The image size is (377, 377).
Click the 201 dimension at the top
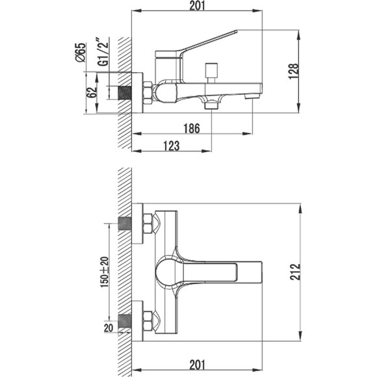coord(197,6)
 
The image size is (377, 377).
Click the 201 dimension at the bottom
coord(197,365)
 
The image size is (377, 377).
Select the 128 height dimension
coord(293,71)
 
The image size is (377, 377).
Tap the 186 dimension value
coord(192,129)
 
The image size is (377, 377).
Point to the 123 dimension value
coord(172,146)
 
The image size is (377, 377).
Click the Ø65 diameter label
coord(81,53)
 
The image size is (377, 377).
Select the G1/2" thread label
coord(103,51)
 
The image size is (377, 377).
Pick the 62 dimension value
coord(92,92)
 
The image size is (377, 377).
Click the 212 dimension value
coord(295,272)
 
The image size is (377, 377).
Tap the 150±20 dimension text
coord(105,272)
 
